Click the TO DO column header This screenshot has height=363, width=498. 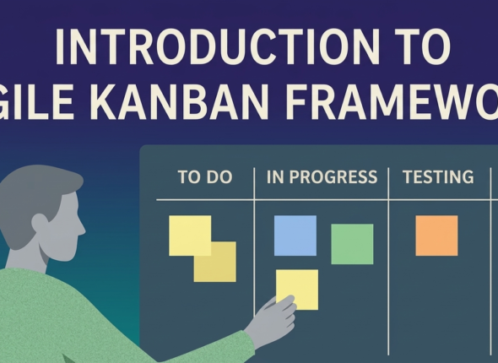click(x=204, y=177)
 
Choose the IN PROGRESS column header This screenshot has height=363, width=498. click(x=322, y=177)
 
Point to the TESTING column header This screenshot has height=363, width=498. click(x=437, y=177)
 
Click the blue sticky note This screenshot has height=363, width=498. click(x=295, y=236)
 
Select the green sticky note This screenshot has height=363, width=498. click(x=352, y=244)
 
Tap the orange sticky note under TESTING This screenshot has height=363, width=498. click(x=436, y=236)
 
